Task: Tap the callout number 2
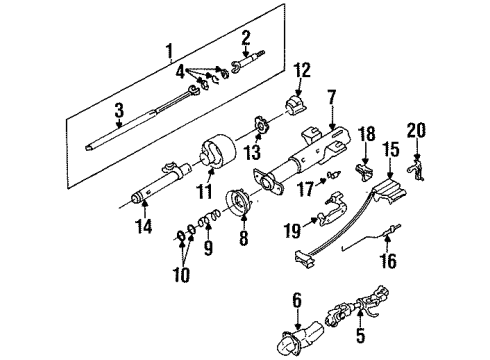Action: (245, 38)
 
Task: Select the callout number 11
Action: (205, 188)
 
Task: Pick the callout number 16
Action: (390, 262)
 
